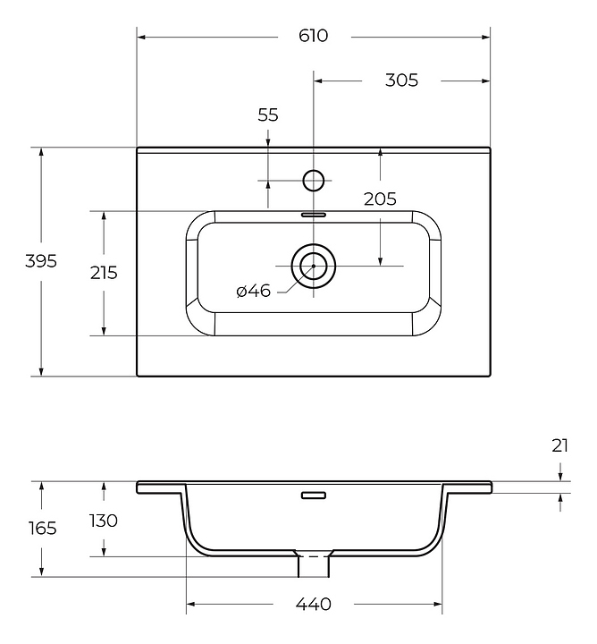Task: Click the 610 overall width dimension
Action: tap(313, 36)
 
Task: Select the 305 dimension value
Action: tap(401, 80)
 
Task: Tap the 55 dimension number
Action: tap(268, 115)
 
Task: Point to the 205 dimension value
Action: tap(381, 199)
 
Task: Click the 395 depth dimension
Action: tap(41, 261)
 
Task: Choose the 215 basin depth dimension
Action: tap(104, 273)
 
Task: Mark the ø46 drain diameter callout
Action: tap(254, 291)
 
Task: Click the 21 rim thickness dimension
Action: tap(560, 445)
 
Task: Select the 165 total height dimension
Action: tap(42, 529)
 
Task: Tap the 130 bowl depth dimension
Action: tap(104, 521)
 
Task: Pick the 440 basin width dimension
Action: tap(313, 604)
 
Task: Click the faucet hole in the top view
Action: tap(314, 181)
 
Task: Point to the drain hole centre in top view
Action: tap(314, 267)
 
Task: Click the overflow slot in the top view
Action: tap(314, 215)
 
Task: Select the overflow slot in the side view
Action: tap(314, 496)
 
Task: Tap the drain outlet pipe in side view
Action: tap(314, 566)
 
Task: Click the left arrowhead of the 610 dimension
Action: tap(141, 38)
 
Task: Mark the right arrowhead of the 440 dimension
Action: tap(437, 604)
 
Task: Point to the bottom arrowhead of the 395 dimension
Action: tap(41, 371)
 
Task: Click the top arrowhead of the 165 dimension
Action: tap(41, 487)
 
